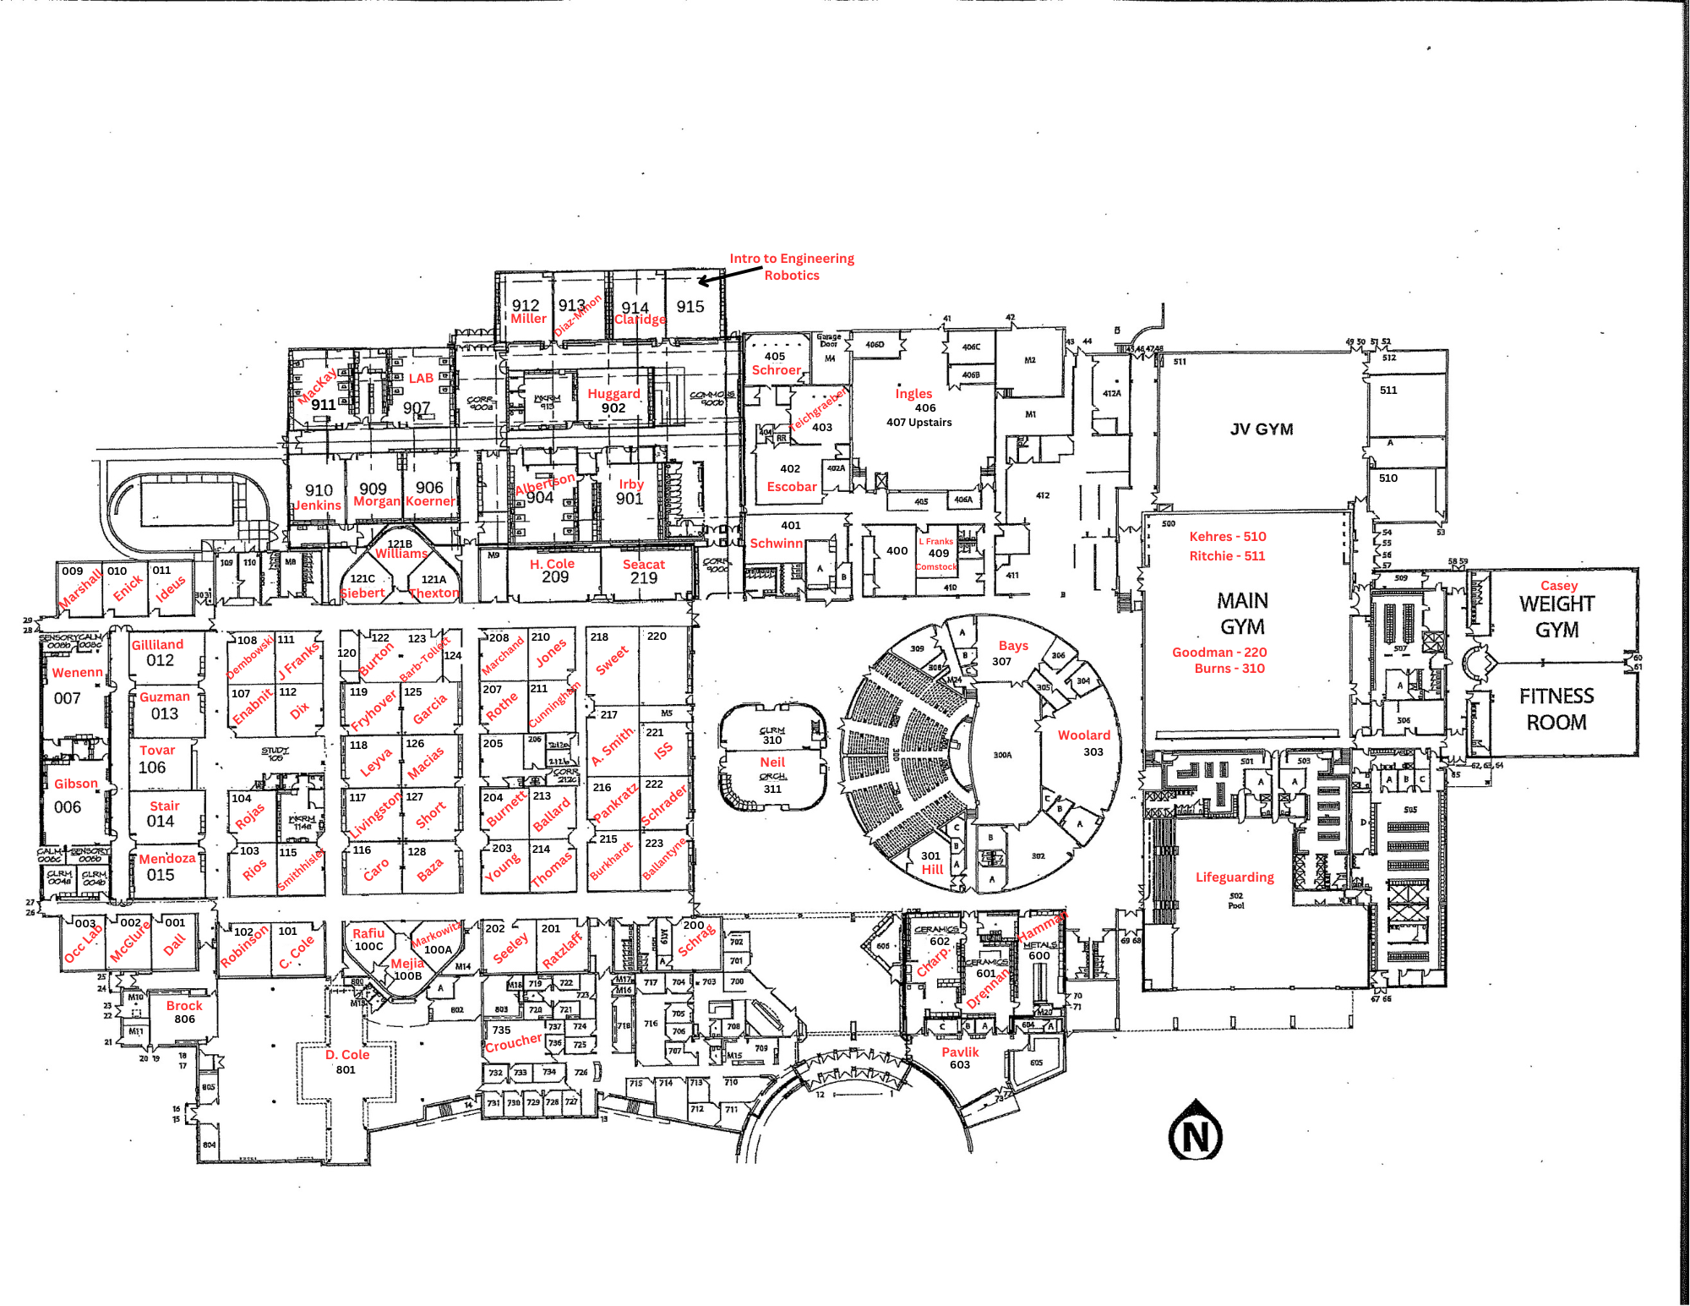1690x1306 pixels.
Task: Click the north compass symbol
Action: click(1195, 1132)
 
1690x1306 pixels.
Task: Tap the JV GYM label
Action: click(1261, 429)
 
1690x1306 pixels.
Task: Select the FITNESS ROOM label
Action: click(1556, 709)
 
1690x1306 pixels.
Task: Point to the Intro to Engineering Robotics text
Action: click(792, 266)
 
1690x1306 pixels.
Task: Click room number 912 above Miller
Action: click(526, 305)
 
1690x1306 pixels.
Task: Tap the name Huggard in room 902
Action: click(613, 394)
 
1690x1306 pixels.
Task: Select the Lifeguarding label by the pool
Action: click(1234, 877)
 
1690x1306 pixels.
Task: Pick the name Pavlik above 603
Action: click(960, 1052)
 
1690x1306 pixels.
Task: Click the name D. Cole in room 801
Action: click(347, 1055)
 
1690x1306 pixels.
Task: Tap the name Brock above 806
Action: click(184, 1006)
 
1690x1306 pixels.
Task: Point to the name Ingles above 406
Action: click(913, 394)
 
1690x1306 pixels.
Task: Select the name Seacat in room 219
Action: click(643, 565)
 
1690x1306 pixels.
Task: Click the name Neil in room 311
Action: click(772, 762)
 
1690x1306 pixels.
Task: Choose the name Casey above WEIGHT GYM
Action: click(1558, 586)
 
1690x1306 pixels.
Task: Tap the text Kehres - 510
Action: click(1227, 537)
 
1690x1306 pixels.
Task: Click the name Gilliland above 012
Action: click(157, 645)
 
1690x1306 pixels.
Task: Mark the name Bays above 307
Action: click(1013, 646)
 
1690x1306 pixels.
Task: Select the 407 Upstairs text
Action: click(919, 423)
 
